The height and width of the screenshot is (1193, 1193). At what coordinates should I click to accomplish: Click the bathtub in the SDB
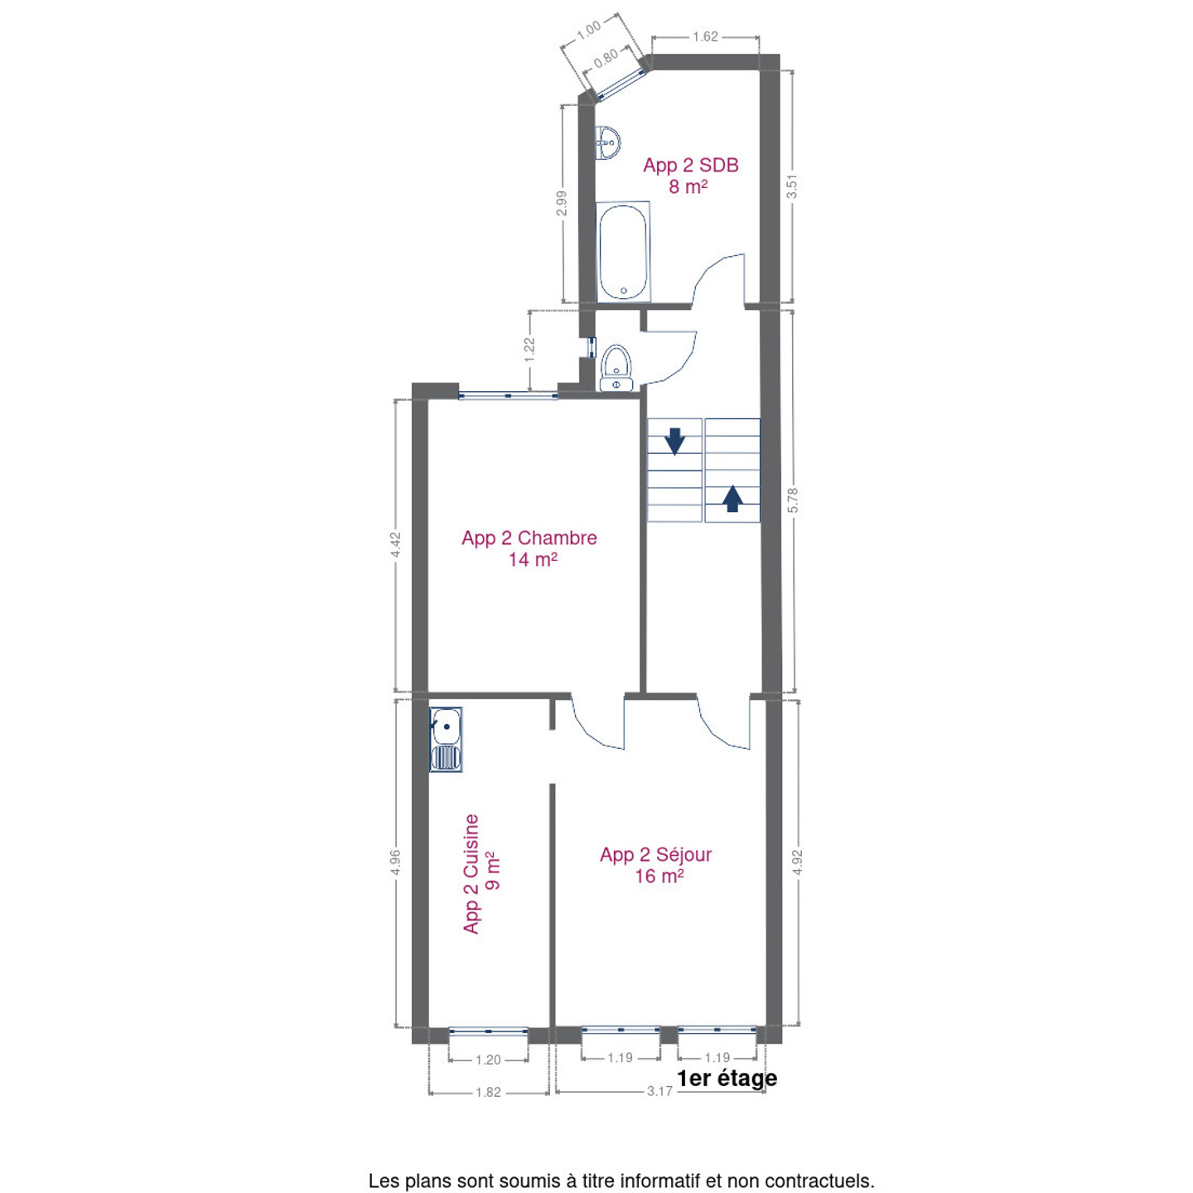[x=622, y=251]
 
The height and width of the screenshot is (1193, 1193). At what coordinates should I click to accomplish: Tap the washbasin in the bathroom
[x=608, y=143]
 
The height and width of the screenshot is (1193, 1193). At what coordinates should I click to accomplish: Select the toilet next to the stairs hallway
[x=616, y=368]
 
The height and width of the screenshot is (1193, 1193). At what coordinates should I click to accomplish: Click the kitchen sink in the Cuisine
[x=446, y=740]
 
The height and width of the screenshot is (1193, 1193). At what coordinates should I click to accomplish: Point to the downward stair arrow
[x=674, y=442]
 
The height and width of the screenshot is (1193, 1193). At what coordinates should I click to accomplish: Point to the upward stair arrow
[x=732, y=499]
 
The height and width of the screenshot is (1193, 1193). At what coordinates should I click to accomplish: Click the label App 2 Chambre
[x=529, y=538]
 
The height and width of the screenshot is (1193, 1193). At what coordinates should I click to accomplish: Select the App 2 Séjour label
[x=655, y=854]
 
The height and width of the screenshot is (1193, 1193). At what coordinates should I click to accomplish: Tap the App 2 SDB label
[x=690, y=166]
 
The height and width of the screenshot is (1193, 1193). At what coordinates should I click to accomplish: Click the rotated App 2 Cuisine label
[x=471, y=873]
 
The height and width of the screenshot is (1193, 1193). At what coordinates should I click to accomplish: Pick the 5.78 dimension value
[x=793, y=500]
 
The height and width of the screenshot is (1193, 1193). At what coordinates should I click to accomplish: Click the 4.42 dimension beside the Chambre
[x=396, y=545]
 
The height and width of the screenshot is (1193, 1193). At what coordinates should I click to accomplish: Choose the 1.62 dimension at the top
[x=705, y=36]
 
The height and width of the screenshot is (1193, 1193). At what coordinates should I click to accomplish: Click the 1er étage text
[x=727, y=1078]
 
